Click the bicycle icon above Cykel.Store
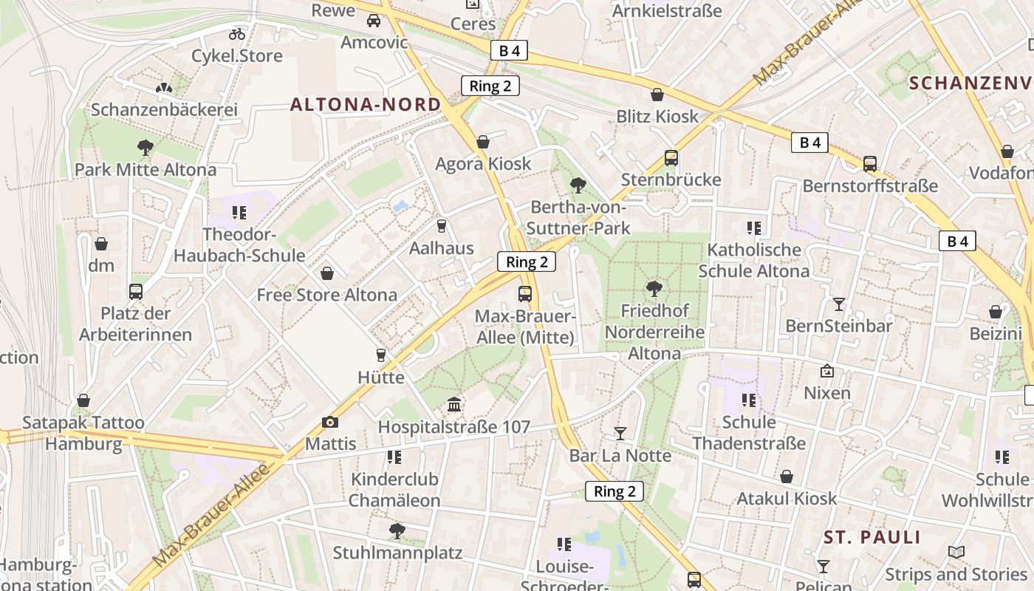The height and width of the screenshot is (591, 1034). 236,33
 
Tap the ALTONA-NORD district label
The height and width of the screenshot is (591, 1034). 366,105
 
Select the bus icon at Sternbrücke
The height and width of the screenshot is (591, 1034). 671,157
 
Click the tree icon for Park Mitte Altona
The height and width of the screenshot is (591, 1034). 145,147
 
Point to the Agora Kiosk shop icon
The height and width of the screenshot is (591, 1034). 483,141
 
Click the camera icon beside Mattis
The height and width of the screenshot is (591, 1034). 330,422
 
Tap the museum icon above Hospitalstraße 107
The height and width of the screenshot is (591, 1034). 454,405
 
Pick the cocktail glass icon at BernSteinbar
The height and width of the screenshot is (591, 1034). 838,303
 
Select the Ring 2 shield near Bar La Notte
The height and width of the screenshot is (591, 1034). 614,491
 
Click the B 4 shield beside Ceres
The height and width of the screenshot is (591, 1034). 510,50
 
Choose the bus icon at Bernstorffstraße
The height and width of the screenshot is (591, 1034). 870,163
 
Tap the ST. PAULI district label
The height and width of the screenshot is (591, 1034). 872,537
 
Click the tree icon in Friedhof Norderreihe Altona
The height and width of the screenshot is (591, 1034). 653,288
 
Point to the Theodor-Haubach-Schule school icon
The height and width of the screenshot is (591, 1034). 239,213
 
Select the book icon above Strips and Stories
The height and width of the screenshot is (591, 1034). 956,552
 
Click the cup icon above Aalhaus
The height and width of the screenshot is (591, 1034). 442,225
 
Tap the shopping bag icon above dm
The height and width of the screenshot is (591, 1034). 101,243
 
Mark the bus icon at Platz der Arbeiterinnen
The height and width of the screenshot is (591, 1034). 135,291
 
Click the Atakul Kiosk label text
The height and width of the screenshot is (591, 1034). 787,499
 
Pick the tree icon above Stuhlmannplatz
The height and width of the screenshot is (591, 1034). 397,530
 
